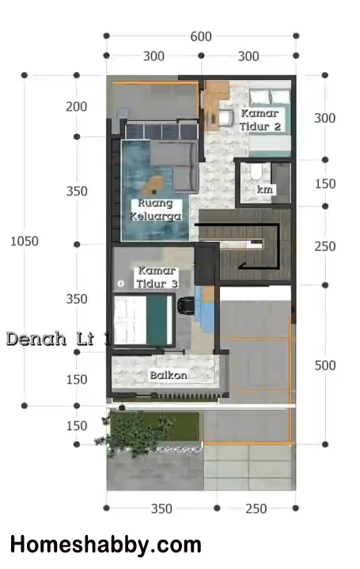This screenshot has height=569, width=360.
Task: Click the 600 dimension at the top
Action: [x=201, y=36]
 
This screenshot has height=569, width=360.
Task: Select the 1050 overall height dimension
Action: [x=25, y=241]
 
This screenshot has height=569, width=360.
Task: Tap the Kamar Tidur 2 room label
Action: [x=260, y=119]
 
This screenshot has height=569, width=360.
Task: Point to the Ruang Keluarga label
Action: [x=155, y=210]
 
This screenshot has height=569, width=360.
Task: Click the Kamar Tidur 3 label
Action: [x=157, y=277]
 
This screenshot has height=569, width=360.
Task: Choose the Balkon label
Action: [x=169, y=375]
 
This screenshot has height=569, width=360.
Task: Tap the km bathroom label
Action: [x=264, y=189]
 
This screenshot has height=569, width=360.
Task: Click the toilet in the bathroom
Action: [x=256, y=172]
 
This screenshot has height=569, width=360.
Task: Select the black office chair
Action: [x=187, y=305]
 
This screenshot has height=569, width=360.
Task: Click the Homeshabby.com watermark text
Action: [x=105, y=545]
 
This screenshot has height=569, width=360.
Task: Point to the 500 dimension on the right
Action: [x=325, y=365]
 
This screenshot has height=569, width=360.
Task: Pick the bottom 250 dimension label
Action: [x=256, y=509]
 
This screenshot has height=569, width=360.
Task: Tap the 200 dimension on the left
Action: [x=76, y=107]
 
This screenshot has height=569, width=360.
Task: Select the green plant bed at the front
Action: [x=154, y=427]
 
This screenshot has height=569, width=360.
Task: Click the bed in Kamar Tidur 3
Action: [x=143, y=320]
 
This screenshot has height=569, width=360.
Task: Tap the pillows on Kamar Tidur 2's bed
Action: [x=269, y=97]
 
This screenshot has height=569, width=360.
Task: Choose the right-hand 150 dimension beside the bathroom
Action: [x=325, y=184]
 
